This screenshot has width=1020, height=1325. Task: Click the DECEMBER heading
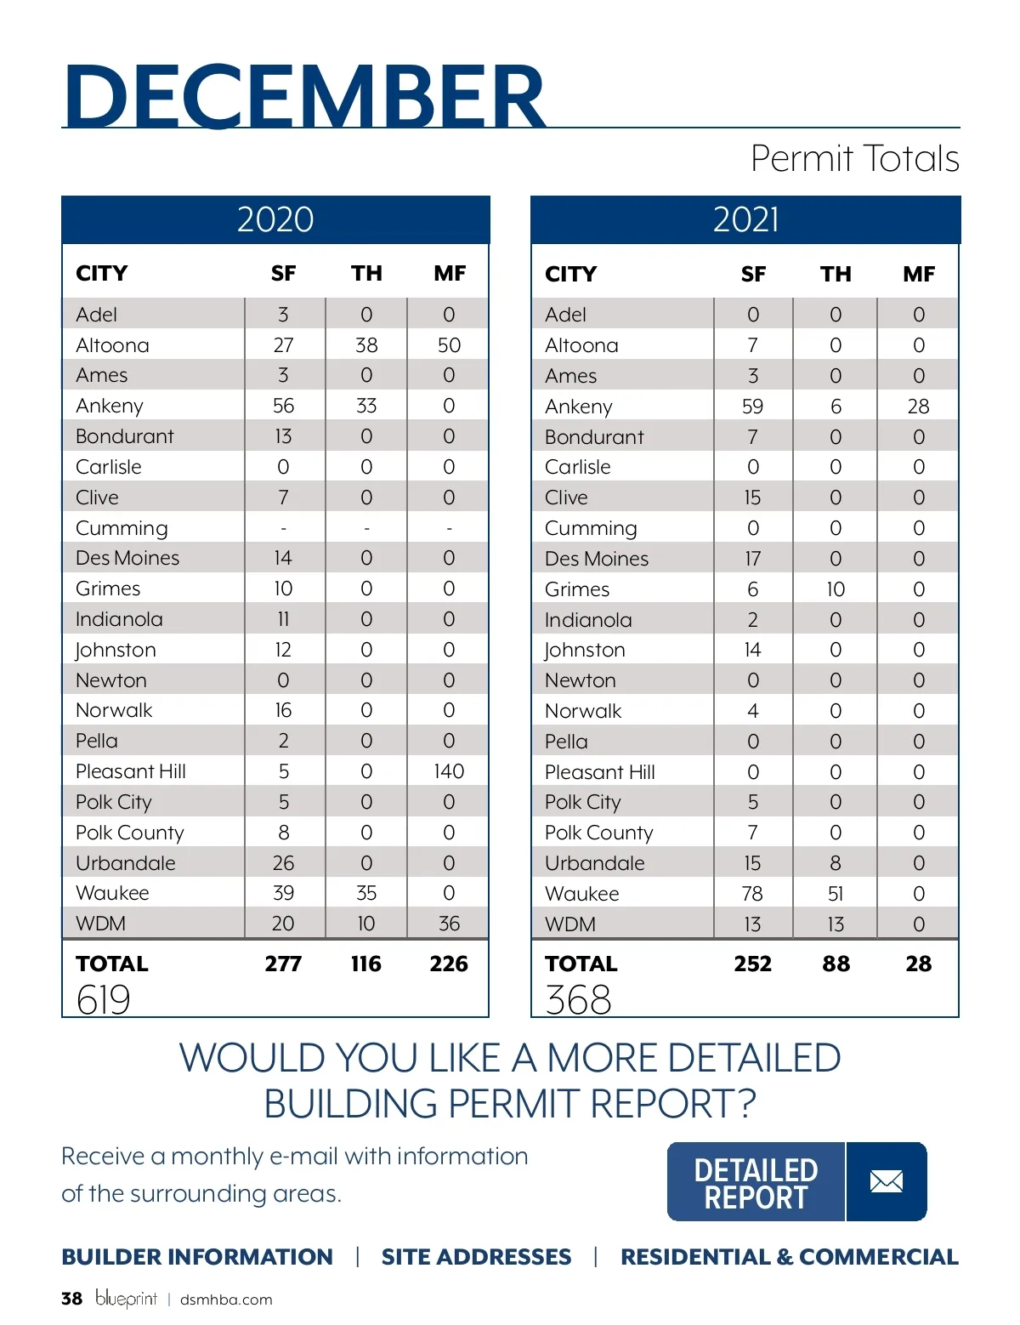[304, 95]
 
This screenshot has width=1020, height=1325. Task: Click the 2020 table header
[275, 219]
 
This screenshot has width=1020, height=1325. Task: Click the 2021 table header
[745, 219]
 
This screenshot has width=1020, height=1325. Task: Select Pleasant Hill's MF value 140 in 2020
[449, 771]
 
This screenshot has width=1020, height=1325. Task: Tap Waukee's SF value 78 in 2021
[752, 894]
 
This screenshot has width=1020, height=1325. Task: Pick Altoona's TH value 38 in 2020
[366, 345]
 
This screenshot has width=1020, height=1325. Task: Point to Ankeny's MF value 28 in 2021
[918, 407]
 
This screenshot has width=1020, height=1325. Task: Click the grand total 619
[103, 999]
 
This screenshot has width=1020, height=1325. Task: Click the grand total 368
[578, 999]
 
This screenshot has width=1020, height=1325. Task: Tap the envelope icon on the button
[887, 1181]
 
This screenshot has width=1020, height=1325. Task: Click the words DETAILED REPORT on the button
[756, 1183]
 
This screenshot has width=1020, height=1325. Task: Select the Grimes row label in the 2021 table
[577, 589]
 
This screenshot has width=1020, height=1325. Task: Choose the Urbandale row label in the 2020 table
[126, 863]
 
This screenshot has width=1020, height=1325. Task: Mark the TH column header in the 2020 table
[366, 273]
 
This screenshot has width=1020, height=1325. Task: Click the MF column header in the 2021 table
[919, 274]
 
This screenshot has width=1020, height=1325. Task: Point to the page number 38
[71, 1299]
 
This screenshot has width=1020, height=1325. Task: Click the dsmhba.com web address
[226, 1299]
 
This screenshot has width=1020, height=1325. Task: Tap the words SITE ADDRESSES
[476, 1257]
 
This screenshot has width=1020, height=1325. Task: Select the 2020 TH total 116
[366, 964]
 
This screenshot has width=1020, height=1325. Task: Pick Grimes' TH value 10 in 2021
[836, 589]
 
